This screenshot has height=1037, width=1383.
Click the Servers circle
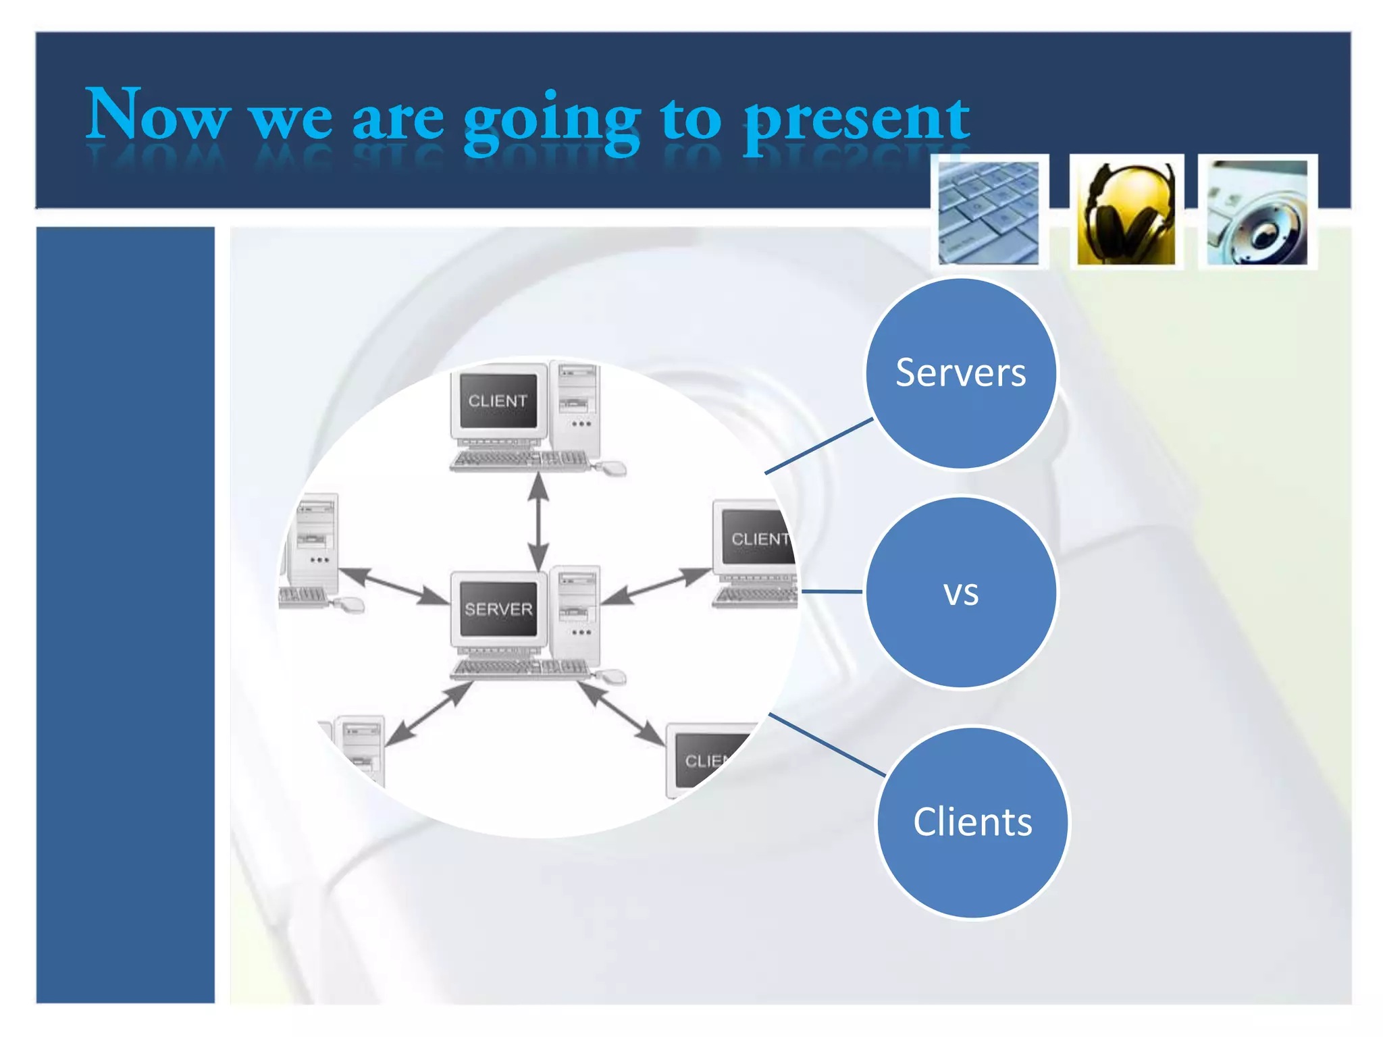click(960, 373)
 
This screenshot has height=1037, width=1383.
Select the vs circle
click(960, 592)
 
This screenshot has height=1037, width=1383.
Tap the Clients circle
click(972, 822)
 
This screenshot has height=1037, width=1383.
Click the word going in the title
click(550, 122)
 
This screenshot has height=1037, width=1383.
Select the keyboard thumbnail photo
click(989, 212)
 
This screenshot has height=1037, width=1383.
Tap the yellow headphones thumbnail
click(1126, 213)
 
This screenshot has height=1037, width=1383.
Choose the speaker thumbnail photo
click(1257, 212)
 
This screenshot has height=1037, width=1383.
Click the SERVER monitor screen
click(498, 609)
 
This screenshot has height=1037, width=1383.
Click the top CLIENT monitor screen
click(498, 401)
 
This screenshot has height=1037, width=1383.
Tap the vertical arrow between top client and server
click(538, 521)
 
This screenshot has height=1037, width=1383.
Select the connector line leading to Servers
click(818, 446)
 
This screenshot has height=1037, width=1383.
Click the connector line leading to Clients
click(827, 744)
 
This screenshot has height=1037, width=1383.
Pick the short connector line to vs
click(831, 591)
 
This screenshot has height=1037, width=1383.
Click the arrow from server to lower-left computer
click(429, 714)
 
